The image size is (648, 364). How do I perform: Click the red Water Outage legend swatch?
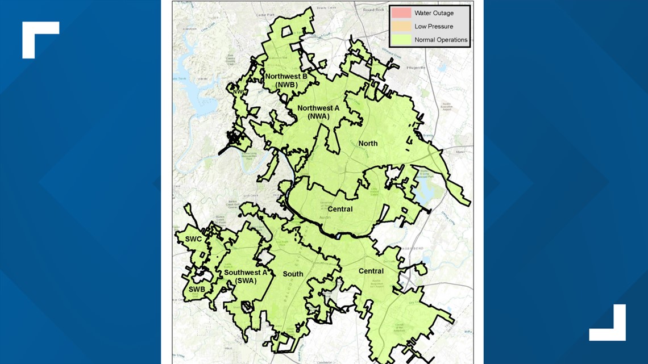tap(401, 13)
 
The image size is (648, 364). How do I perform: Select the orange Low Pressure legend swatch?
tap(401, 26)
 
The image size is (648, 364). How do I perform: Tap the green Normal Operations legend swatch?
tap(401, 40)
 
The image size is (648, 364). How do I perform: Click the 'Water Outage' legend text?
tap(434, 13)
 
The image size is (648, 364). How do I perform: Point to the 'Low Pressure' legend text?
tap(434, 26)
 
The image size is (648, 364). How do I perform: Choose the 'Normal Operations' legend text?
tap(441, 40)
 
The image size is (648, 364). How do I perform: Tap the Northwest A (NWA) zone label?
tap(318, 112)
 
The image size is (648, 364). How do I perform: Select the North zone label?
tap(368, 143)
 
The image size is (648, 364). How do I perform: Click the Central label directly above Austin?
tap(340, 209)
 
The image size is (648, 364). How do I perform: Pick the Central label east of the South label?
tap(371, 271)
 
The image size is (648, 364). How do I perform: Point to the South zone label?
tap(293, 274)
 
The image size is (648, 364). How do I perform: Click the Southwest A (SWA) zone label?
tap(246, 276)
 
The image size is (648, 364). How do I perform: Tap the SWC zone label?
tap(193, 239)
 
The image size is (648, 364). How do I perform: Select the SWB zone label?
tap(197, 289)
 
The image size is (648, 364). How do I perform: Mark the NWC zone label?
tap(237, 90)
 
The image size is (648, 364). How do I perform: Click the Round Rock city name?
tap(374, 10)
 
